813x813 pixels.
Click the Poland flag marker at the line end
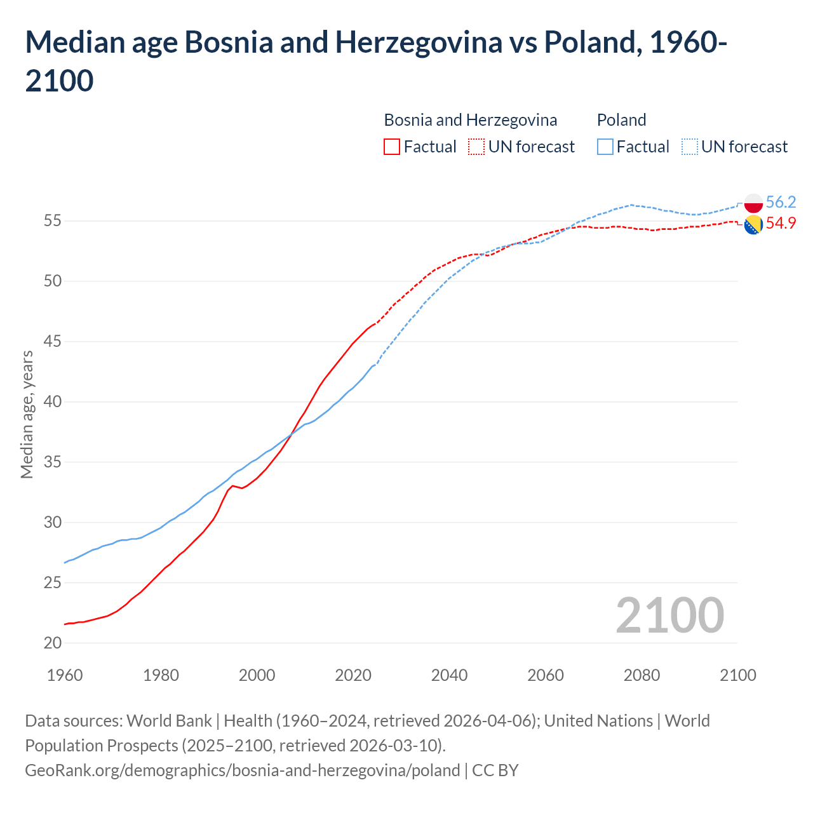[x=753, y=203]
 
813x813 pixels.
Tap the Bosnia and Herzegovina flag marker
[x=753, y=224]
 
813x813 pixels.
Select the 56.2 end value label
[x=781, y=202]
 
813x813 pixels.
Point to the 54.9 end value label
[x=781, y=223]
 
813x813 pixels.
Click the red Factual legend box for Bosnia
[x=392, y=147]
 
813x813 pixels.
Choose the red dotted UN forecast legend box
[x=476, y=147]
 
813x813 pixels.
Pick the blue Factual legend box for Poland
[x=605, y=147]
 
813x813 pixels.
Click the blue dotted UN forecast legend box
[x=690, y=147]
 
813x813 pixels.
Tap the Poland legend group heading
[x=621, y=120]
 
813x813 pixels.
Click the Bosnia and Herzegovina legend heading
[x=470, y=120]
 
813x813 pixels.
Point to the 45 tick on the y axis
[x=53, y=342]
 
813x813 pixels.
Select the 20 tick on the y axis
[x=53, y=643]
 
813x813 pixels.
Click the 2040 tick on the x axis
[x=449, y=675]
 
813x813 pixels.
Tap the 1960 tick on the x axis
[x=65, y=675]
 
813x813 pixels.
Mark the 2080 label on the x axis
[x=642, y=675]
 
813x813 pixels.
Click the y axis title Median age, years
[x=27, y=414]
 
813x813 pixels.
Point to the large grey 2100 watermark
[x=669, y=615]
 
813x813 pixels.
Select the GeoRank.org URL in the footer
[x=242, y=770]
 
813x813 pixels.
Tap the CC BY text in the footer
[x=495, y=770]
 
